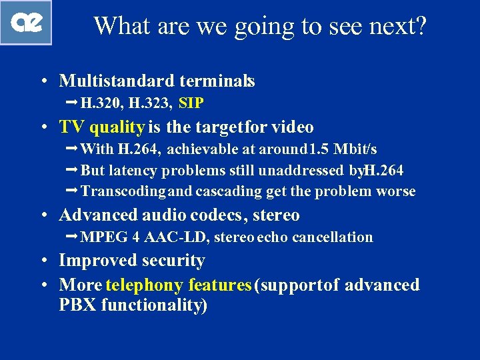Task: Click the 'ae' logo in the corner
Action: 26,23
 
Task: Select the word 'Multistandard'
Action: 117,81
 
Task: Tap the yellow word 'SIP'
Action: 191,103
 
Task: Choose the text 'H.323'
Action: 151,103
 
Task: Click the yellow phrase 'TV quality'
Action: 101,127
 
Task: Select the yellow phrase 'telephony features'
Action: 179,285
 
